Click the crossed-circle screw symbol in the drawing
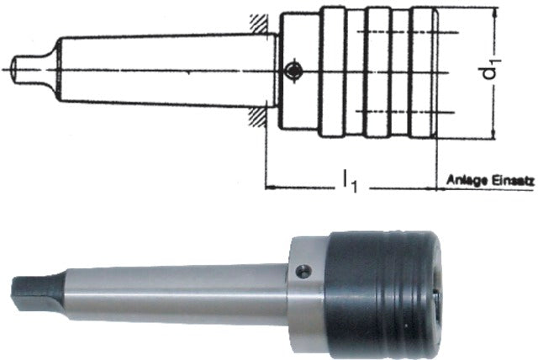coord(291,72)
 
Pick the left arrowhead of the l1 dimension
coord(271,185)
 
